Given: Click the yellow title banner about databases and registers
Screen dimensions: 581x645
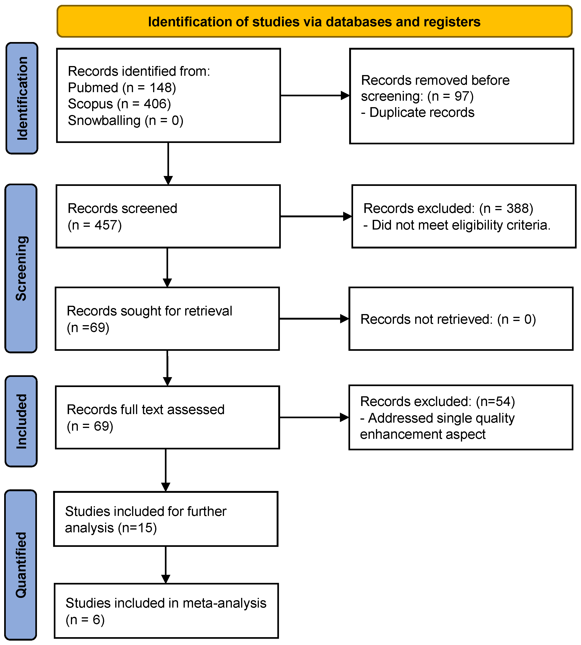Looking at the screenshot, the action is pos(315,21).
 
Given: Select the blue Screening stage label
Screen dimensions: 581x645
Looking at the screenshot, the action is pos(21,268).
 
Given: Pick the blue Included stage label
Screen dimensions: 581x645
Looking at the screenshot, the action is pos(21,421).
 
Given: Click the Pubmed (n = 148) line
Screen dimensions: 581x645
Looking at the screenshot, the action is pos(122,88).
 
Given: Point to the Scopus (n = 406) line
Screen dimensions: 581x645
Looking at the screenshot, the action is pos(119,104).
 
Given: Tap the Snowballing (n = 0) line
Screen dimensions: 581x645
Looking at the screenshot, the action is pos(125,120).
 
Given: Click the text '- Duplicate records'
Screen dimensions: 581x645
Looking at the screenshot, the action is pos(418,112).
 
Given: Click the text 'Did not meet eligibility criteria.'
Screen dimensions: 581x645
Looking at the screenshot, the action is pos(461,225).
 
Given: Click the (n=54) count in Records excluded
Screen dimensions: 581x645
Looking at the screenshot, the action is pos(496,401).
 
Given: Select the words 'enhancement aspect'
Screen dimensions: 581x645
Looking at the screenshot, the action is pos(423,434).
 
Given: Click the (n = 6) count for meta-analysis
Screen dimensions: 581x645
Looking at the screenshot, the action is pos(85,619).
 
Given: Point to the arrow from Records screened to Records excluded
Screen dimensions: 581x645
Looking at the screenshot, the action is pos(316,216).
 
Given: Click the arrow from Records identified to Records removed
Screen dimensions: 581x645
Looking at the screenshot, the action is pos(315,95).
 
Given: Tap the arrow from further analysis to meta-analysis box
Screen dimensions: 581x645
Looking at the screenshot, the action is pos(166,565).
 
